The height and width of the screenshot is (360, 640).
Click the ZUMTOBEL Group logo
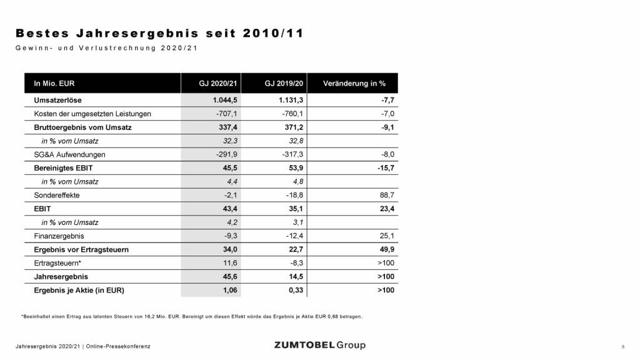(319, 345)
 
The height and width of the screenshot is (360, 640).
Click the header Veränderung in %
(354, 83)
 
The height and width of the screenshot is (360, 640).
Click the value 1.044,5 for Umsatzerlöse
(219, 99)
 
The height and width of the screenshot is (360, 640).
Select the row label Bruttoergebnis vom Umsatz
(78, 127)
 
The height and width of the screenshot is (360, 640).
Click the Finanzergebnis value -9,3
(224, 236)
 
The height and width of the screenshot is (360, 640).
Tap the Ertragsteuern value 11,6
(224, 263)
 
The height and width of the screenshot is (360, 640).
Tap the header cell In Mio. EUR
(54, 83)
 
